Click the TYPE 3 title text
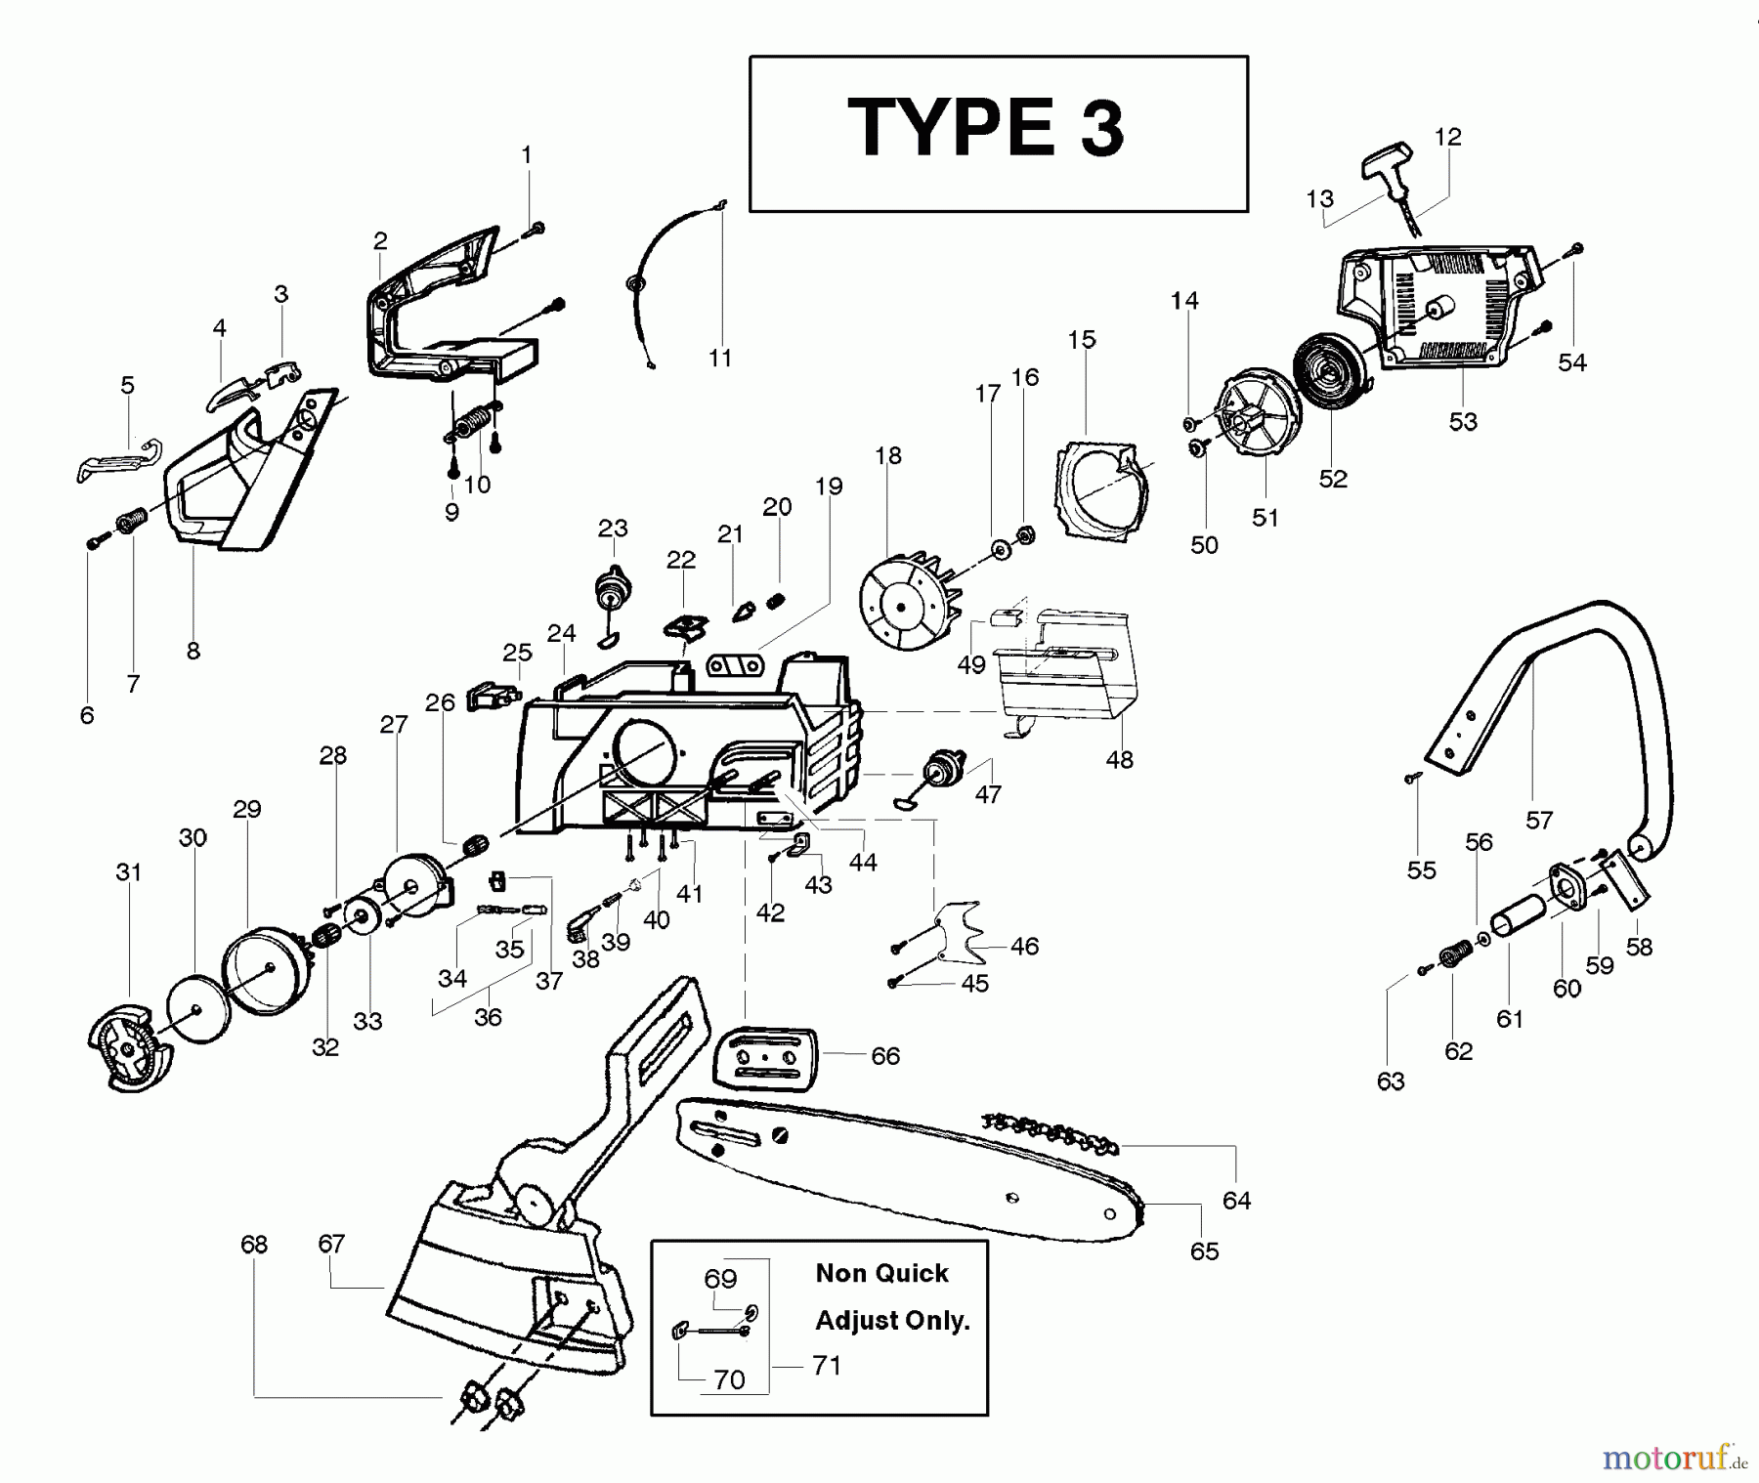coord(987,129)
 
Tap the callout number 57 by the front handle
coord(1539,821)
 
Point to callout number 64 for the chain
coord(1236,1201)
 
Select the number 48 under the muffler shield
coord(1119,760)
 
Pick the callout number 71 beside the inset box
coord(827,1365)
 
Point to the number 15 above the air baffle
coord(1082,340)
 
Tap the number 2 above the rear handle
coord(380,240)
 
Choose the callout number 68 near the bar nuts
coord(254,1245)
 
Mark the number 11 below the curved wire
coord(720,359)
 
